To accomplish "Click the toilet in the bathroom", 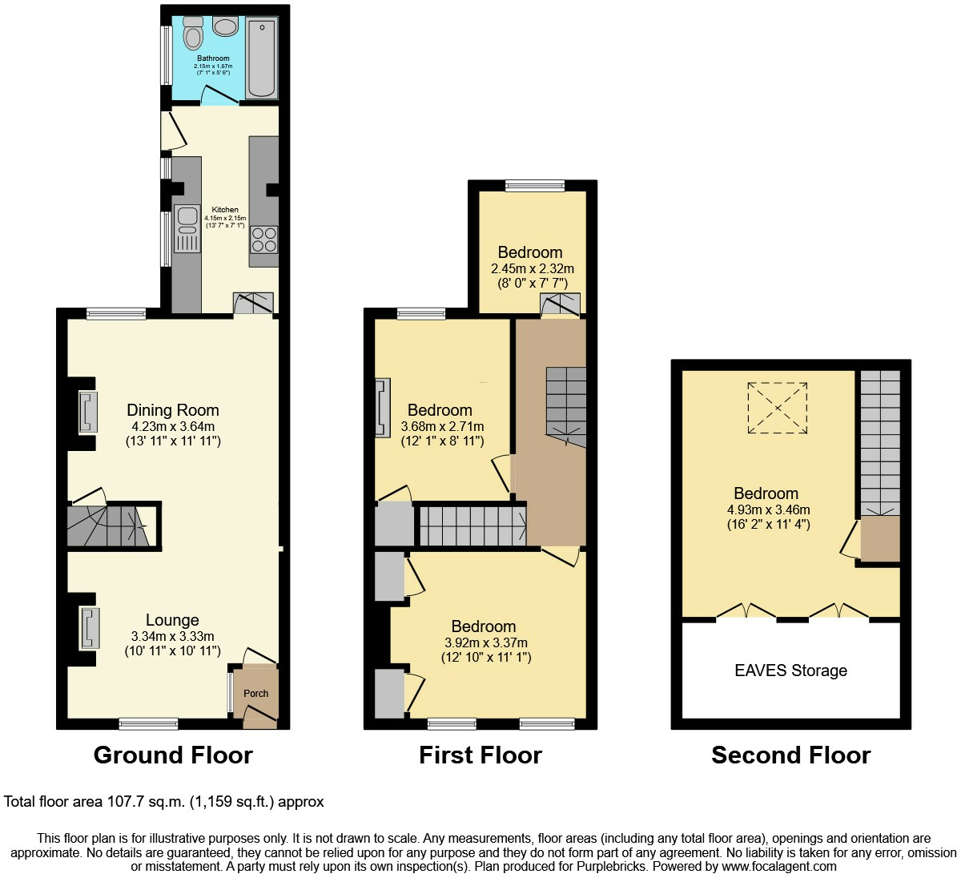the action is click(193, 33).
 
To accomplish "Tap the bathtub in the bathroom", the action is click(262, 58).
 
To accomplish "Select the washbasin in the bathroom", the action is click(225, 26).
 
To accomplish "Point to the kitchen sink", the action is click(187, 228).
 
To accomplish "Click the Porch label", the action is click(255, 694).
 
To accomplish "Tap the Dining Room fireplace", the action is click(88, 412).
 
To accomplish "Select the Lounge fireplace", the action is click(90, 628).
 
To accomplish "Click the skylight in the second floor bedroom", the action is click(777, 408).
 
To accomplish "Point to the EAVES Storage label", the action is click(791, 671).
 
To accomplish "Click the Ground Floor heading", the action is click(173, 755).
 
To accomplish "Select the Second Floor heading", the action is click(791, 755).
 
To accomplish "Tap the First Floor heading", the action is click(480, 755).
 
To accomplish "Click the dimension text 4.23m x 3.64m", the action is click(173, 426).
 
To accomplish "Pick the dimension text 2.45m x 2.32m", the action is click(533, 269).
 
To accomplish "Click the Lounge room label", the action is click(172, 620).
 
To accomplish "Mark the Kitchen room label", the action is click(225, 209).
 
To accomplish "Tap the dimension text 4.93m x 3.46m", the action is click(769, 509).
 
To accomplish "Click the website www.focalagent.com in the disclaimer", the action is click(779, 867).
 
